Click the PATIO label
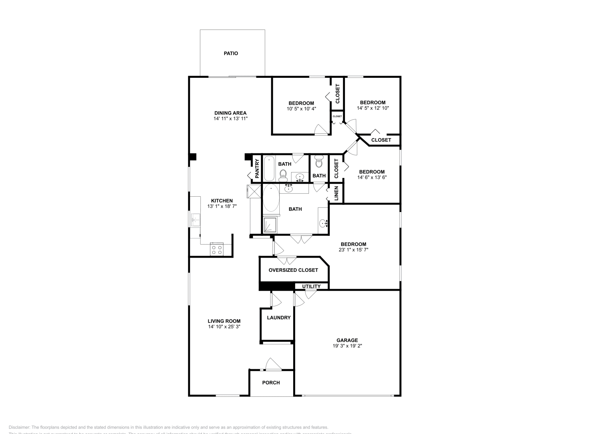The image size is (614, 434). pyautogui.click(x=231, y=53)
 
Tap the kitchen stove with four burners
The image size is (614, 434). pyautogui.click(x=217, y=250)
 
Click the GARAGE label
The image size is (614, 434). pyautogui.click(x=347, y=340)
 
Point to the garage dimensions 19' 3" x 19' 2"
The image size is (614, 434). pyautogui.click(x=347, y=346)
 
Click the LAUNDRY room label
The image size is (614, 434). pyautogui.click(x=279, y=317)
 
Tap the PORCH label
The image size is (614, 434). pyautogui.click(x=271, y=383)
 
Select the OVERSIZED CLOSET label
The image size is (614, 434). pyautogui.click(x=293, y=270)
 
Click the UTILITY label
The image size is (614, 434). pyautogui.click(x=311, y=286)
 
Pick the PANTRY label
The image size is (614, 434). pyautogui.click(x=257, y=169)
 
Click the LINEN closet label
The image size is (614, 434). pyautogui.click(x=336, y=193)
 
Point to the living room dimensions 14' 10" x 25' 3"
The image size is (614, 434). pyautogui.click(x=224, y=327)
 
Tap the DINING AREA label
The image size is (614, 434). pyautogui.click(x=230, y=113)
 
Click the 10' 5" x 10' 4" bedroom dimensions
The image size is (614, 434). pyautogui.click(x=301, y=109)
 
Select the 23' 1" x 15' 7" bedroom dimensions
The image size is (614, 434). pyautogui.click(x=353, y=250)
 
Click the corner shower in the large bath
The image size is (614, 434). pyautogui.click(x=271, y=225)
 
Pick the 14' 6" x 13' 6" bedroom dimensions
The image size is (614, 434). pyautogui.click(x=371, y=177)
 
